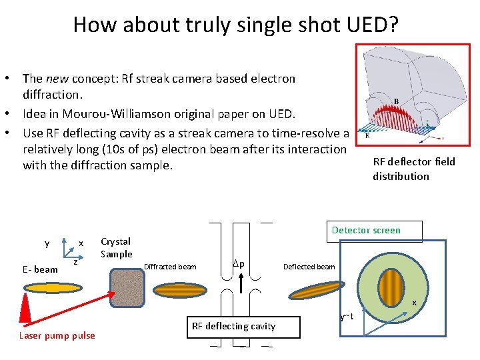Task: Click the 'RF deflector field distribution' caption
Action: (x=413, y=169)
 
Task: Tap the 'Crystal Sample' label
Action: (x=116, y=247)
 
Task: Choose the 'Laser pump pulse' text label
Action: (x=57, y=335)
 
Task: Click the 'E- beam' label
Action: (x=39, y=269)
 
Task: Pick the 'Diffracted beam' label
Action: (x=170, y=267)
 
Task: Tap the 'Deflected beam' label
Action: (x=309, y=267)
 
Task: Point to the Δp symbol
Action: (x=237, y=263)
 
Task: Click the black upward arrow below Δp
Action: (x=241, y=283)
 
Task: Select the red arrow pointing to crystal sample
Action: (x=67, y=303)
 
